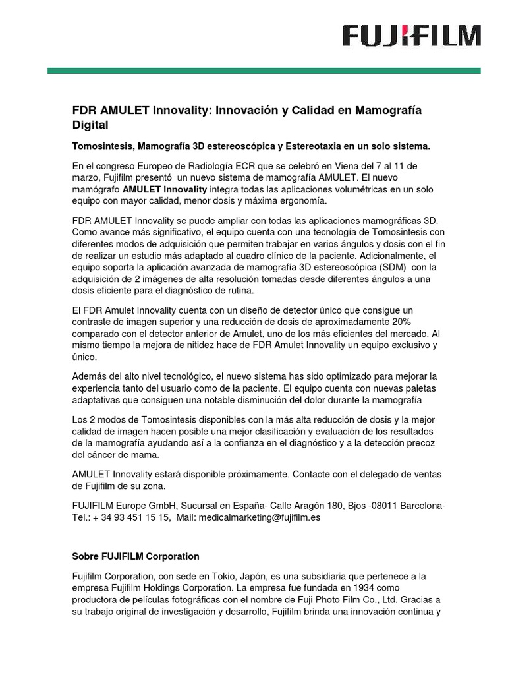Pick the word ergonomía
pos(299,201)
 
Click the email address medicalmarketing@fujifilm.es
pos(259,518)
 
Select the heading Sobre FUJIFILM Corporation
pos(135,556)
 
